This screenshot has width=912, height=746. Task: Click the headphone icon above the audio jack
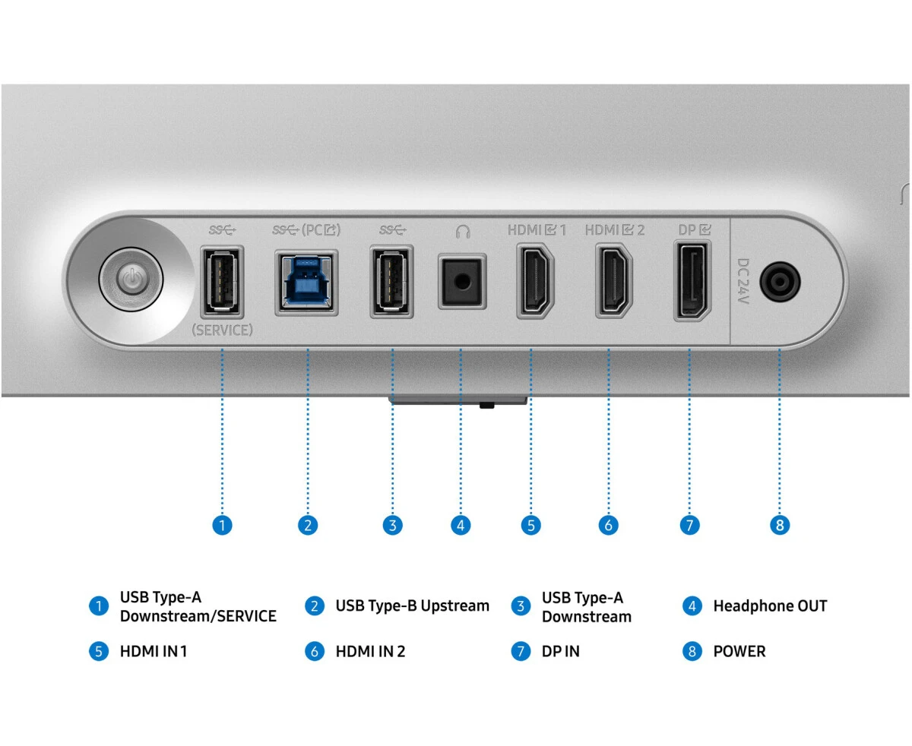[x=461, y=229]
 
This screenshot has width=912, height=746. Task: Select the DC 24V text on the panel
[x=743, y=281]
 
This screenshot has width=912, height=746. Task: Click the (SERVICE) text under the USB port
[x=222, y=330]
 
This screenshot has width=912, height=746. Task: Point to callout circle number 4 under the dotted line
[x=461, y=525]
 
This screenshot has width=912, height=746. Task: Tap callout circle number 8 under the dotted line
[x=780, y=525]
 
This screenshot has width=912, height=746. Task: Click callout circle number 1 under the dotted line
[x=222, y=525]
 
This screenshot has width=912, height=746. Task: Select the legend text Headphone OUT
[x=769, y=606]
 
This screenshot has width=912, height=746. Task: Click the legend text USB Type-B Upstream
[x=412, y=606]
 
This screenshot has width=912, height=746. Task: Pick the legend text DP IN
[x=560, y=651]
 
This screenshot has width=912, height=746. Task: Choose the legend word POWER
[x=739, y=651]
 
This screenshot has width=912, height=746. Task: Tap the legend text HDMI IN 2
[x=370, y=651]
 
